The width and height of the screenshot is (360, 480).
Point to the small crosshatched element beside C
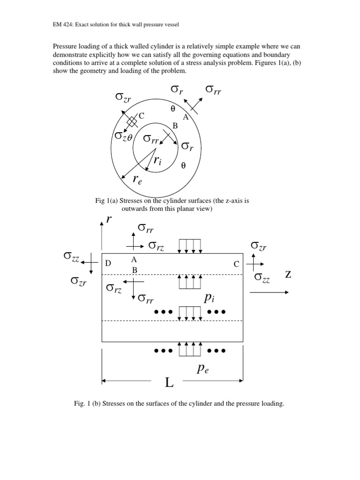[133, 121]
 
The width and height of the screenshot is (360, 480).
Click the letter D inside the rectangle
[108, 264]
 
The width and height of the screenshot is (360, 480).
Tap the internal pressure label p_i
[209, 299]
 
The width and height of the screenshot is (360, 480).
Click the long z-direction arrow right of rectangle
[269, 292]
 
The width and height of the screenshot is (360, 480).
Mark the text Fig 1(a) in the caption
[107, 201]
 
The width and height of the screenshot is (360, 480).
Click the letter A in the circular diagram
[186, 117]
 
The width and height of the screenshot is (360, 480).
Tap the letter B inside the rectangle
[134, 270]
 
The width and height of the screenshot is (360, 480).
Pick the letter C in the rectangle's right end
[237, 264]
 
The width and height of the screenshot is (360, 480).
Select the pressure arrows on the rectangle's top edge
[189, 246]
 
